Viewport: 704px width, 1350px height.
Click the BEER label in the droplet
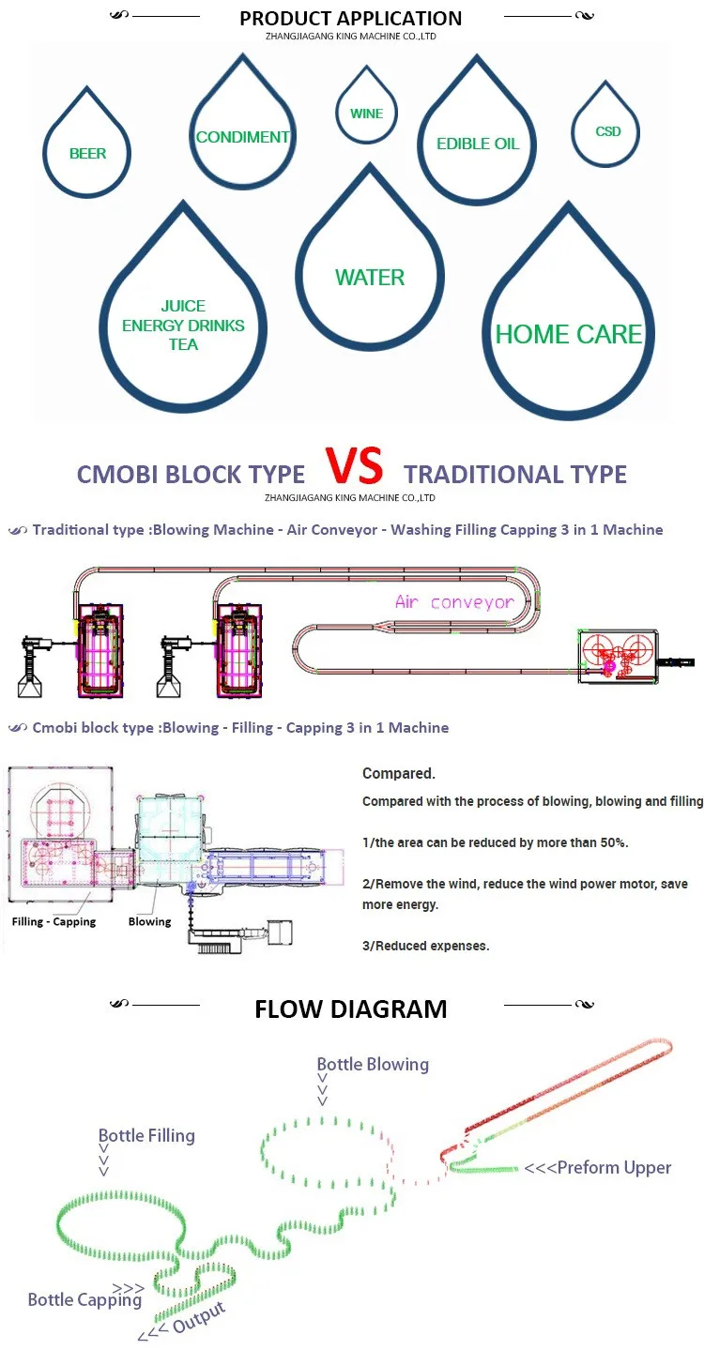coord(87,154)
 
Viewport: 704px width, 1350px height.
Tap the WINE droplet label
coord(367,114)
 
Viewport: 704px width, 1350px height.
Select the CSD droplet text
coord(608,131)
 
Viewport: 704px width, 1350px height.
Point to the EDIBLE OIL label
coord(478,144)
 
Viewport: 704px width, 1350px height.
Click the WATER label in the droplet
coord(370,278)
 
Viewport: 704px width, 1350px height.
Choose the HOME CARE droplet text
coord(569,335)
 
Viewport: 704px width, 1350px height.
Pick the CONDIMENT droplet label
coord(242,137)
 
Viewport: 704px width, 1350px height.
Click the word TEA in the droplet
coord(183,344)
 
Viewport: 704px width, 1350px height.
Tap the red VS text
coord(355,466)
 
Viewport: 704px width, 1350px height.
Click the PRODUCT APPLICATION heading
coord(350,19)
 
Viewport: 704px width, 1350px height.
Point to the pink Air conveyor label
coord(454,601)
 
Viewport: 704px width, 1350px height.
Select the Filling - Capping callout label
coord(54,921)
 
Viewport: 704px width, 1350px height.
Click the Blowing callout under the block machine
coord(149,921)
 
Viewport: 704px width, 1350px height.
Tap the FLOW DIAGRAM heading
coord(351,1009)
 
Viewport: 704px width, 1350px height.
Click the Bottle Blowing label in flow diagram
coord(373,1064)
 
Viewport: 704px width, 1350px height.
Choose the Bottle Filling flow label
coord(146,1135)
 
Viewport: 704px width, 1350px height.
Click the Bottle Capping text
coord(84,1299)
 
